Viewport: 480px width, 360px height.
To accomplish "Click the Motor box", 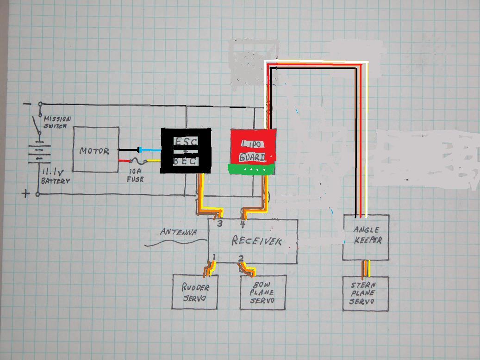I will pyautogui.click(x=96, y=150).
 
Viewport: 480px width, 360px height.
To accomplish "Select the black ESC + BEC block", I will pyautogui.click(x=186, y=151).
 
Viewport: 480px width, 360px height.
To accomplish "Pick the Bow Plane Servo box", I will pyautogui.click(x=262, y=292).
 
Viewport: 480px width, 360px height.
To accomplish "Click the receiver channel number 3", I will pyautogui.click(x=219, y=224).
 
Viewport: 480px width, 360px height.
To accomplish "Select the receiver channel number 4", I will pyautogui.click(x=243, y=224).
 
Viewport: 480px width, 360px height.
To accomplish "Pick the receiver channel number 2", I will pyautogui.click(x=241, y=258).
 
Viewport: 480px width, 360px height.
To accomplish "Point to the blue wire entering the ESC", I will pyautogui.click(x=151, y=150).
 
